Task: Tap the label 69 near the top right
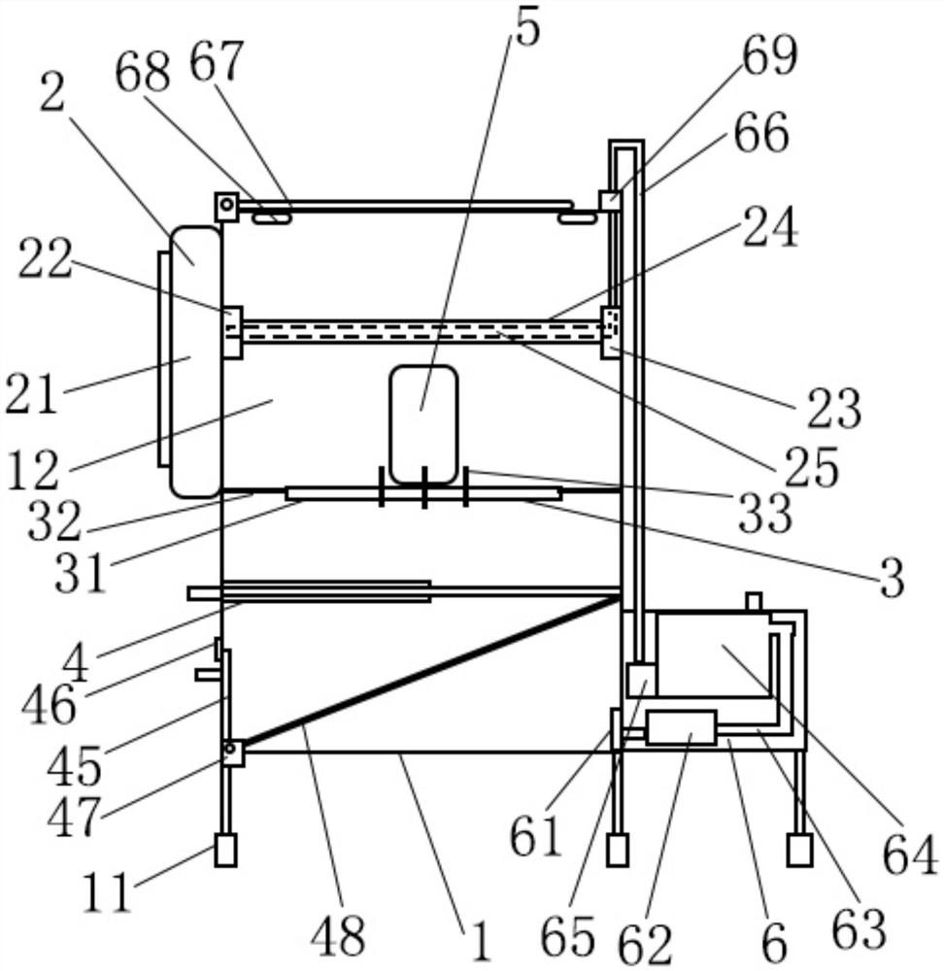(x=768, y=57)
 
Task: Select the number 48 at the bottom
(x=338, y=938)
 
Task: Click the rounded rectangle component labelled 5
(x=423, y=424)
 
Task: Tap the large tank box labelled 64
(x=714, y=653)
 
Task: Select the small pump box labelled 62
(x=681, y=727)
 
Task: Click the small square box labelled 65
(x=641, y=680)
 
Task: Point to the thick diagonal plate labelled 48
(x=427, y=675)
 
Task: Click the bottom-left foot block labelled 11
(x=225, y=851)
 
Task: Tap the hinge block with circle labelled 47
(x=231, y=752)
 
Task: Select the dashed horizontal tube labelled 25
(x=418, y=331)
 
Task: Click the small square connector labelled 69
(x=609, y=201)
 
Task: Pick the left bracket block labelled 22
(x=231, y=332)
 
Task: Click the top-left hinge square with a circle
(x=227, y=206)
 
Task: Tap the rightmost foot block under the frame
(x=799, y=851)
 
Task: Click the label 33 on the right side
(x=765, y=516)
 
